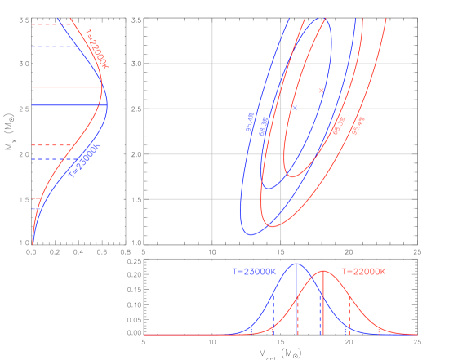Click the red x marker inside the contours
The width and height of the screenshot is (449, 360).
pyautogui.click(x=322, y=90)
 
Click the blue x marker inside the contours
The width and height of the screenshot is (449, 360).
pyautogui.click(x=294, y=107)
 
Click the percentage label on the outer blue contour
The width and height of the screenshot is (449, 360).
pyautogui.click(x=250, y=122)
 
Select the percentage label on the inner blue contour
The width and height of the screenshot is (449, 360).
pyautogui.click(x=265, y=127)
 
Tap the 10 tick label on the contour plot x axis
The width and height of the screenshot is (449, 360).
pyautogui.click(x=212, y=251)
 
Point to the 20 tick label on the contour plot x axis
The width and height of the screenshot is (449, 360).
pyautogui.click(x=349, y=251)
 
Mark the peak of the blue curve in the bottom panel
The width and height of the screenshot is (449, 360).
pyautogui.click(x=296, y=264)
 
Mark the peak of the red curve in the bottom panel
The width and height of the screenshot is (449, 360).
pyautogui.click(x=323, y=271)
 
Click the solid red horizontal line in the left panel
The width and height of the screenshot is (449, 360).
pyautogui.click(x=65, y=86)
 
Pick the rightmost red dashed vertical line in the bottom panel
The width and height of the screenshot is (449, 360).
pyautogui.click(x=350, y=314)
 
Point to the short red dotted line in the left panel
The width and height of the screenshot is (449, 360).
pyautogui.click(x=35, y=198)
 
